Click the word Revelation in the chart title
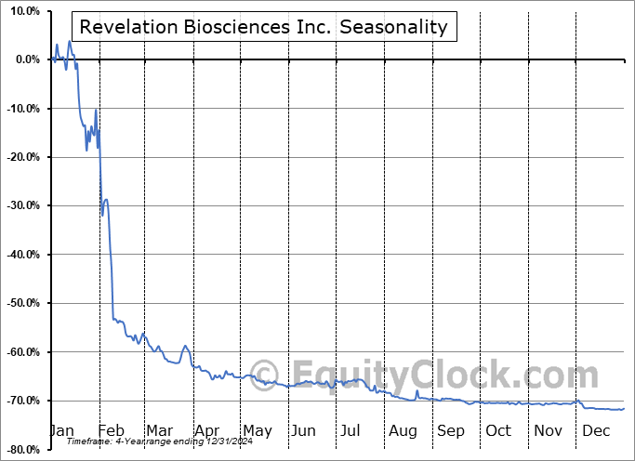coord(123,27)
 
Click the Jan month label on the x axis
coord(61,430)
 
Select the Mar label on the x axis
coord(159,430)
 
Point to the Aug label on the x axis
coord(403,430)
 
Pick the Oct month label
coord(498,430)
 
